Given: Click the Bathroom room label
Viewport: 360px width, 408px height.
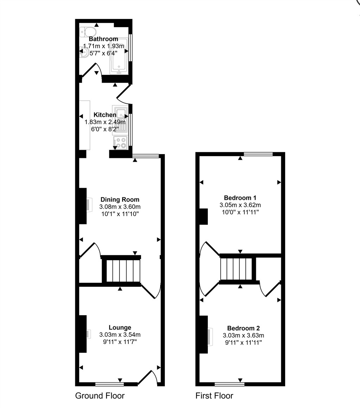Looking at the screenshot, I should coord(103,39).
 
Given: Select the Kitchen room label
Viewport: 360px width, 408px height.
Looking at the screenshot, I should coord(105,115).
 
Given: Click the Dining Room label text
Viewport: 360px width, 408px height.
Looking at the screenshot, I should coord(120,199).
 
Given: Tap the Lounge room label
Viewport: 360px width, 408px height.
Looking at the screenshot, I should coord(120,327).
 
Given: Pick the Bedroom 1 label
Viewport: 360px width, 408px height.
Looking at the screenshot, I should coord(240,198).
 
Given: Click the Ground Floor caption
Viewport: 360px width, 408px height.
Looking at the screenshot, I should coord(100,396).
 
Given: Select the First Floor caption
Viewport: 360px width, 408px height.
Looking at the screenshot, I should coord(214,396).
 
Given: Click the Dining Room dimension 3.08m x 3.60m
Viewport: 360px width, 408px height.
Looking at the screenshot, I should coord(120,206).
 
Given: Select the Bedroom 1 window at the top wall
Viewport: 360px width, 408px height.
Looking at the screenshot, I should coord(258,154).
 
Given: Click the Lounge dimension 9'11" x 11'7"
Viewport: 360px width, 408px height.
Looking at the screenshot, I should coord(120,342).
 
